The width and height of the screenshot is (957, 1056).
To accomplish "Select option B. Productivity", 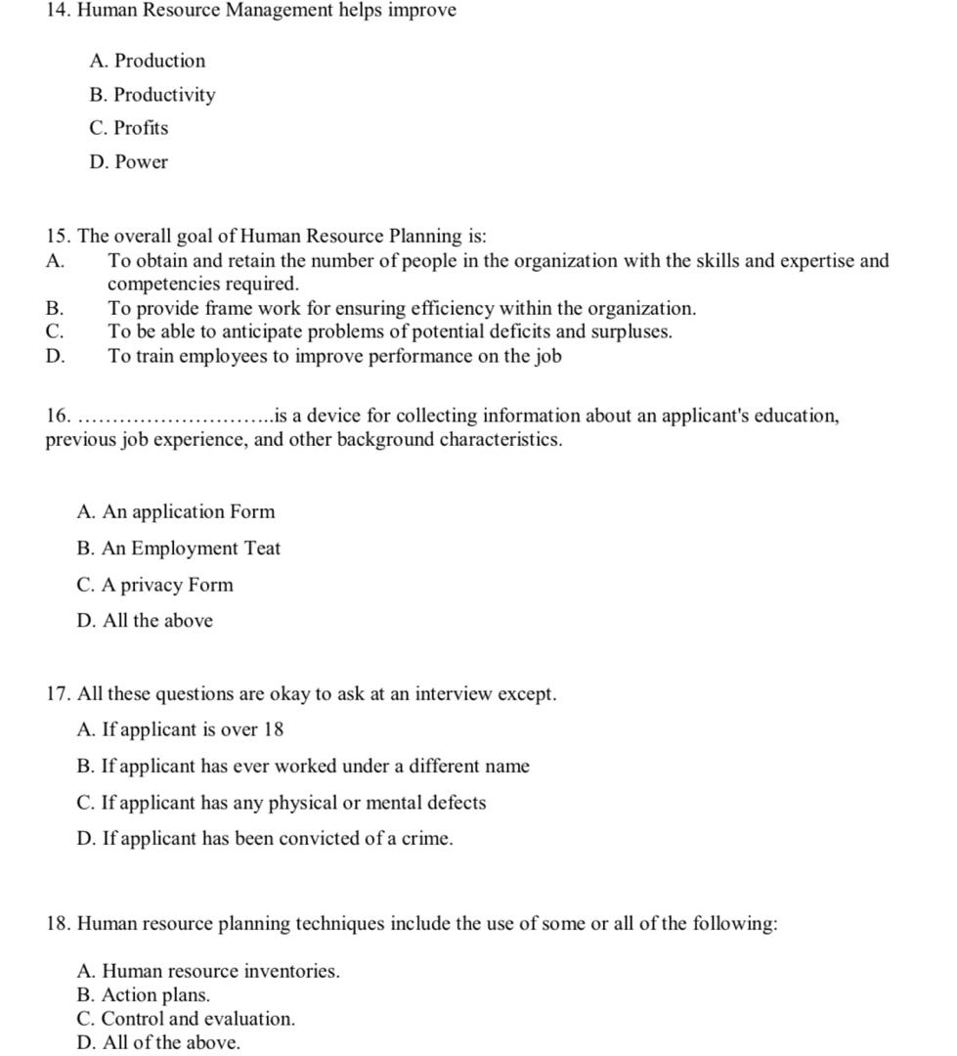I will click(152, 95).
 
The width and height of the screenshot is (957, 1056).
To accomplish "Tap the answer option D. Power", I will click(128, 162).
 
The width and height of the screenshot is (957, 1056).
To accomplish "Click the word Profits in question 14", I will click(141, 128).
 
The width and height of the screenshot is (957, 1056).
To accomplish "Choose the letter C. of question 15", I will click(55, 331).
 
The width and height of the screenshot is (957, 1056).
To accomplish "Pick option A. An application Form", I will click(176, 512).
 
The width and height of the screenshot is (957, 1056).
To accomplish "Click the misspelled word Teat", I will click(262, 549).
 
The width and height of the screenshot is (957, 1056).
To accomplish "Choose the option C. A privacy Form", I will click(154, 586).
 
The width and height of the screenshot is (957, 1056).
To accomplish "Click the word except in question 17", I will click(527, 694).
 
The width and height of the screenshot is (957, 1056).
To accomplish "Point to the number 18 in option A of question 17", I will click(273, 730).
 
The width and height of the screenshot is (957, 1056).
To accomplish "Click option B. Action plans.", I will click(144, 995).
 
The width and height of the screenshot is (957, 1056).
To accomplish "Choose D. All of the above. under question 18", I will click(157, 1042).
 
